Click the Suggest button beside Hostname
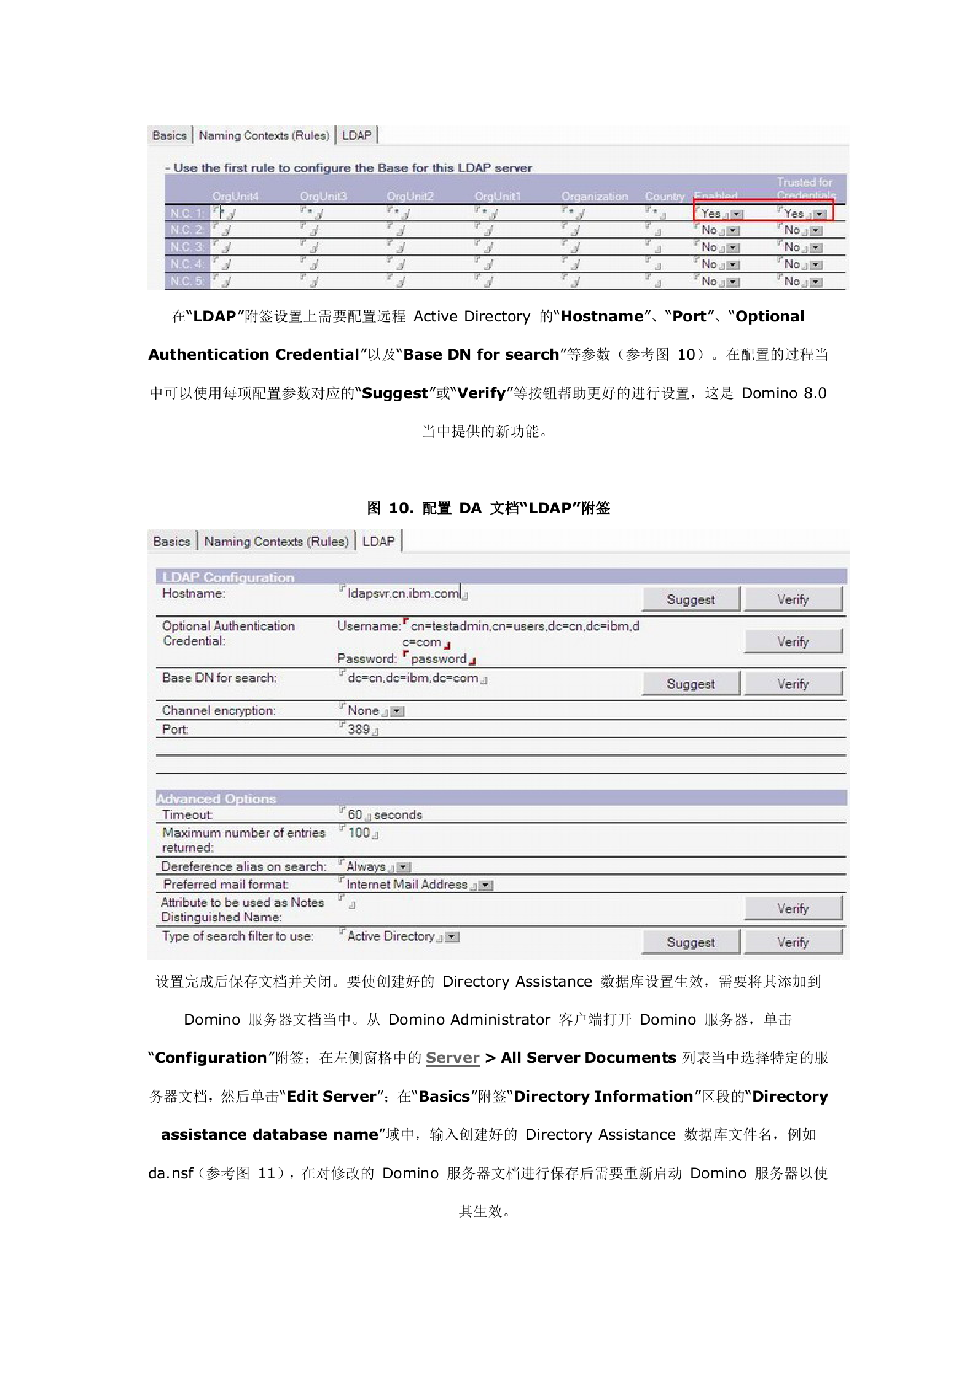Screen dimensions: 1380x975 691,599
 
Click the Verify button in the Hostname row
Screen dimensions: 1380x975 793,599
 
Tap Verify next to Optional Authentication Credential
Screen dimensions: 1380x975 793,642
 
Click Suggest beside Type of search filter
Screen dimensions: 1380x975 691,942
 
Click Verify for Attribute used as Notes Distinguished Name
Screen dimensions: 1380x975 793,909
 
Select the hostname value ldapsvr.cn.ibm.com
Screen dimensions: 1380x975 403,594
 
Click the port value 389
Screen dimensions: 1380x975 358,730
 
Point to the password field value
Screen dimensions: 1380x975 438,659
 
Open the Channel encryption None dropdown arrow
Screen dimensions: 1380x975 398,712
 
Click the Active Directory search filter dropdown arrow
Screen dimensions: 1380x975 453,937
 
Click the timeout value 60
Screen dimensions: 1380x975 354,815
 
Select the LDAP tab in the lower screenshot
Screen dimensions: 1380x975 378,542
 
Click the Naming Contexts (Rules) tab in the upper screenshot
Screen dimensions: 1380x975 264,135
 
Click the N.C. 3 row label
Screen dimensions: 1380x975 187,247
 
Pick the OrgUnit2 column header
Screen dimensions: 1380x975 410,196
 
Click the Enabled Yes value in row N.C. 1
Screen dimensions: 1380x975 711,213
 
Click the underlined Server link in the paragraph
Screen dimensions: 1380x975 452,1057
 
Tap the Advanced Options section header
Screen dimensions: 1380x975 216,798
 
